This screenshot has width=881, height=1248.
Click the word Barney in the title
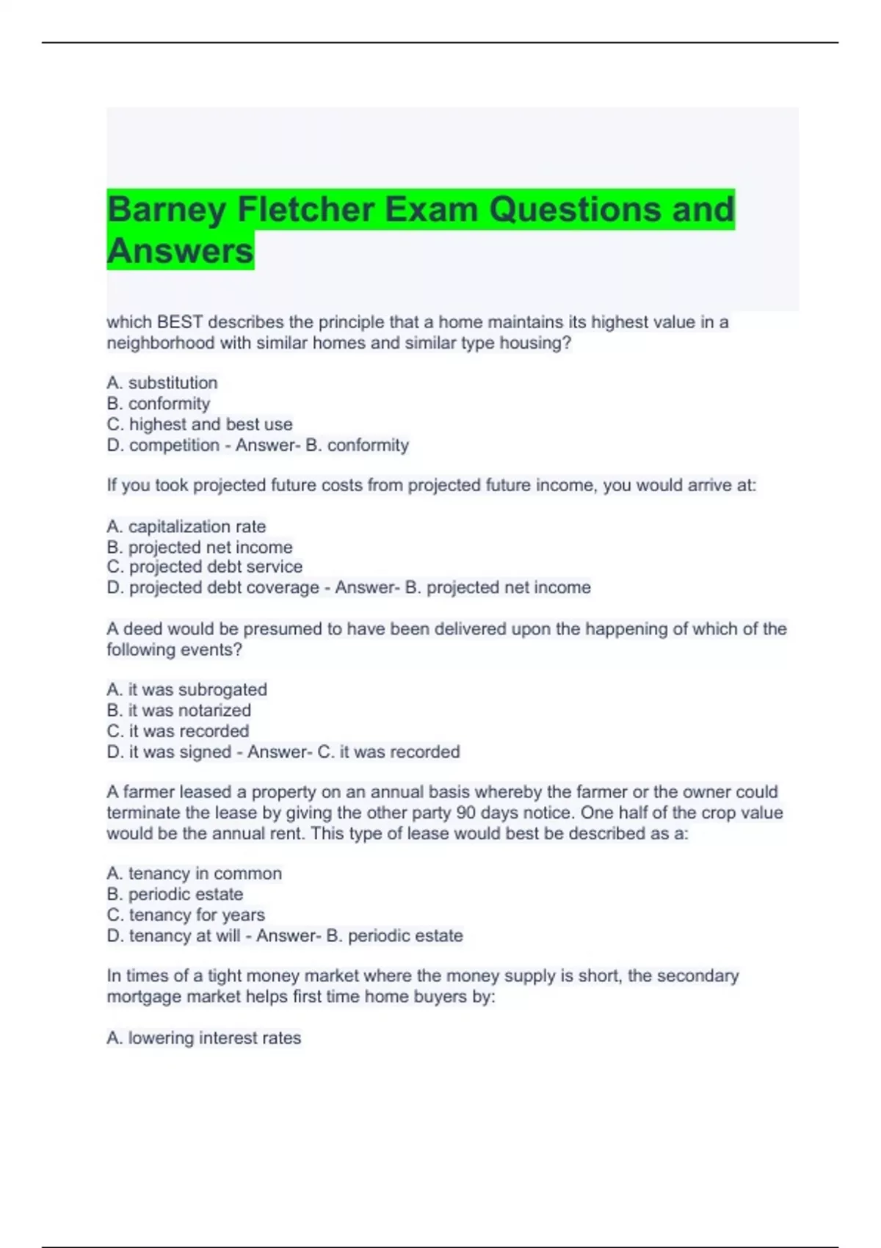click(x=167, y=210)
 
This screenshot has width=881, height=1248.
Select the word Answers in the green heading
click(x=180, y=251)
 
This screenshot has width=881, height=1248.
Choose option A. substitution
click(x=162, y=383)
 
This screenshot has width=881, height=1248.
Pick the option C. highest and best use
click(x=200, y=424)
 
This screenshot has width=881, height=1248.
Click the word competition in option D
click(x=174, y=445)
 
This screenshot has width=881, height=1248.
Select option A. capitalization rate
click(x=186, y=526)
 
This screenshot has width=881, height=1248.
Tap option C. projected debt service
click(x=205, y=567)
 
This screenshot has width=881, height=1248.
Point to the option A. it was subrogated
click(x=187, y=690)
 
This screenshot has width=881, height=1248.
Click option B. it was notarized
click(x=179, y=711)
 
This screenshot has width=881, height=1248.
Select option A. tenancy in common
click(x=195, y=874)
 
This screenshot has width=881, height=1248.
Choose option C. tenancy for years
click(x=186, y=915)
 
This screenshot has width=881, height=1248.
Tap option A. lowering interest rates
click(x=204, y=1038)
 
